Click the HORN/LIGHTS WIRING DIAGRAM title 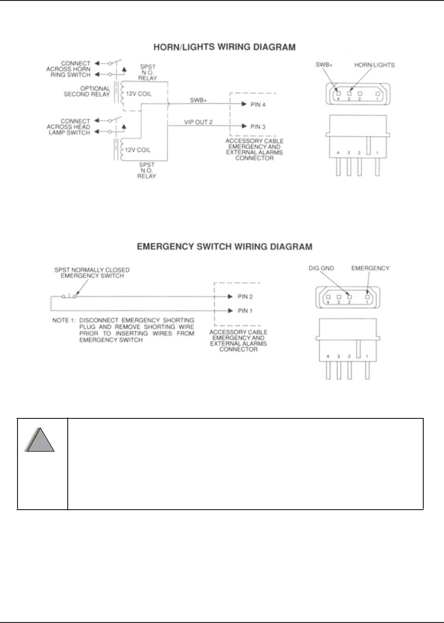224,47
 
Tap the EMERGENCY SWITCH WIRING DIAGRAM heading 224,247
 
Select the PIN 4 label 258,105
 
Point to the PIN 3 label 258,127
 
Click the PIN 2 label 245,297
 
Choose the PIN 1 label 245,311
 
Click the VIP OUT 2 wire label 199,122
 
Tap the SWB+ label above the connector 324,65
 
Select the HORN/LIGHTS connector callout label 374,65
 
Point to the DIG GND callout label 321,268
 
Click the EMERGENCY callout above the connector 370,268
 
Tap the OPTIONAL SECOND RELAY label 87,91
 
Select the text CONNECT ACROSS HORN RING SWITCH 69,69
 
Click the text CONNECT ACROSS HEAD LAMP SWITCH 69,127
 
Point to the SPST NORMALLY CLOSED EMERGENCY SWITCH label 92,273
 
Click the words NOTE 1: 64,320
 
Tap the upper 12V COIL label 139,94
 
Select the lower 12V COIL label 138,150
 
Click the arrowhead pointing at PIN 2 230,297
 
